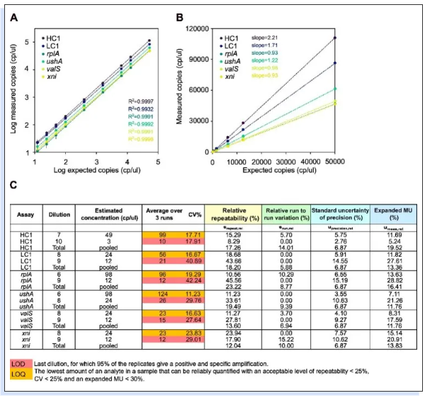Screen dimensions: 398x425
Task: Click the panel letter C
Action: pyautogui.click(x=13, y=187)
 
